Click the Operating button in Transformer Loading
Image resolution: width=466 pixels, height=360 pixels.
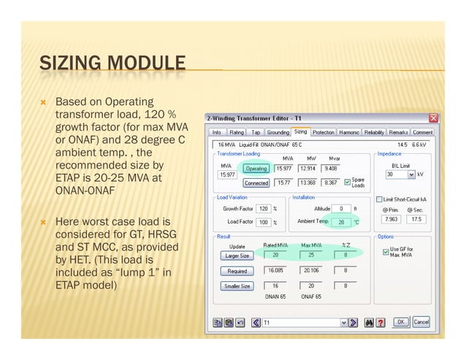pos(256,169)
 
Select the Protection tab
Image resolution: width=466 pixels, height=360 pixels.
pos(323,132)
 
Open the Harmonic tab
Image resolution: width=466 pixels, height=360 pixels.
pos(349,132)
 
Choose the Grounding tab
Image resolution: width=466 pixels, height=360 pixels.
pos(278,132)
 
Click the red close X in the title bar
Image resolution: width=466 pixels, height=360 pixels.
pos(433,118)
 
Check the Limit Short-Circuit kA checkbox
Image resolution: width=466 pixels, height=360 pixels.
pos(379,199)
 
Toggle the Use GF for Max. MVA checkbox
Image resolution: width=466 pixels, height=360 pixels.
pos(386,252)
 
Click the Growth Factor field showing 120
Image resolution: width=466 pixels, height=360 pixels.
pos(263,209)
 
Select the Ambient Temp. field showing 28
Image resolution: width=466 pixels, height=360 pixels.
pos(340,221)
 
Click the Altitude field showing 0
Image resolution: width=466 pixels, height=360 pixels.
pos(340,209)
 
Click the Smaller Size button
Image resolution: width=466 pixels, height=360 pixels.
pos(237,286)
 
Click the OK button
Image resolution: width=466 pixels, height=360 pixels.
pos(402,321)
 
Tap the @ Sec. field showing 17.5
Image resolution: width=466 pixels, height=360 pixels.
pos(416,218)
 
